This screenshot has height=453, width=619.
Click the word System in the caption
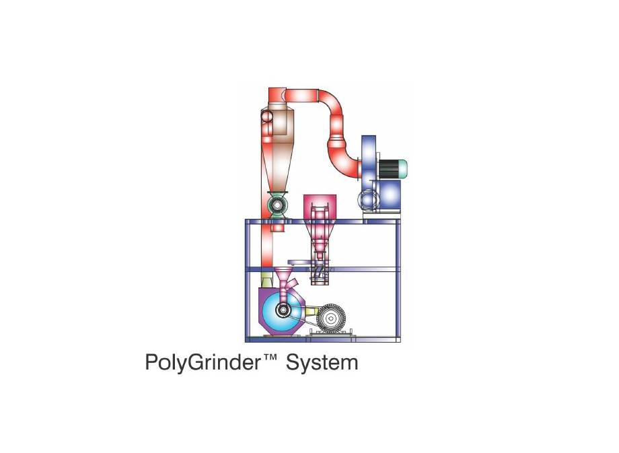click(322, 363)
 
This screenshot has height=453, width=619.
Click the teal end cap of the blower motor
click(402, 170)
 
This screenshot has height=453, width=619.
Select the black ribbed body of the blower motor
click(389, 170)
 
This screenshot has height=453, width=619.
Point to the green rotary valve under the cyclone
click(277, 205)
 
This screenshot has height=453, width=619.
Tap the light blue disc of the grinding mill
click(281, 310)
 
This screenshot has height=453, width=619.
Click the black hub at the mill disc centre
click(283, 310)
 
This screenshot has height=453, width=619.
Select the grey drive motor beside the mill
click(331, 317)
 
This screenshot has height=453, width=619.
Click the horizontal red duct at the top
click(302, 96)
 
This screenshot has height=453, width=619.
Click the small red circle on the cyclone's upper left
click(266, 116)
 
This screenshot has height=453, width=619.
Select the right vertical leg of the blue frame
click(398, 281)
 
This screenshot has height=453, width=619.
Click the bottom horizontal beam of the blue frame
click(323, 339)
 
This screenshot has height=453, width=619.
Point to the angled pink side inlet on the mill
click(291, 284)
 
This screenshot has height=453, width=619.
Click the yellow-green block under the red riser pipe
click(267, 278)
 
